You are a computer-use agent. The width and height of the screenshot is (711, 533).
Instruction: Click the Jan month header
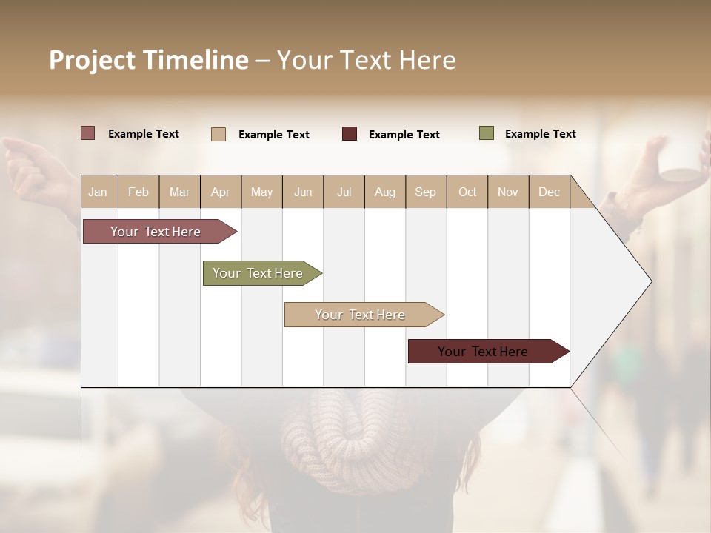point(99,192)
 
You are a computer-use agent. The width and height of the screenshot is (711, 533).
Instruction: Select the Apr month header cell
point(221,192)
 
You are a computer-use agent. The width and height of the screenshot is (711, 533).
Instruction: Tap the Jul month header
point(344,192)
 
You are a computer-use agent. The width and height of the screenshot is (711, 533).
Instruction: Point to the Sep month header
point(426,192)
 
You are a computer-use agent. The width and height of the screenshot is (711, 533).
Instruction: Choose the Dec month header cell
point(549,192)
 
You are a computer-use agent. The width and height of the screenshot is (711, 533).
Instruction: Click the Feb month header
point(138,192)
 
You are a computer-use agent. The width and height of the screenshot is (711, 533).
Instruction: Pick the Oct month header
point(467,192)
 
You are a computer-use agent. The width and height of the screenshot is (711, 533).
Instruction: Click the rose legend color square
point(88,133)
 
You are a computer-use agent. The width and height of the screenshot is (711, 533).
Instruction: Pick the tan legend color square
point(218,134)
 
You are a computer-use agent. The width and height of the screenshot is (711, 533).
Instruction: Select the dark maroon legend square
point(350,134)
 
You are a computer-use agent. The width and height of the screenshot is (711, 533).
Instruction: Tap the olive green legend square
point(487,133)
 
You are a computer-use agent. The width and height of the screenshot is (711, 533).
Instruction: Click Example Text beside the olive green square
point(540,134)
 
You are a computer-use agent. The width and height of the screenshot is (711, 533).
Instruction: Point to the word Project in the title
point(92,60)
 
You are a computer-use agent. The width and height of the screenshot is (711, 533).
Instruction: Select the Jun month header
point(303,192)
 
